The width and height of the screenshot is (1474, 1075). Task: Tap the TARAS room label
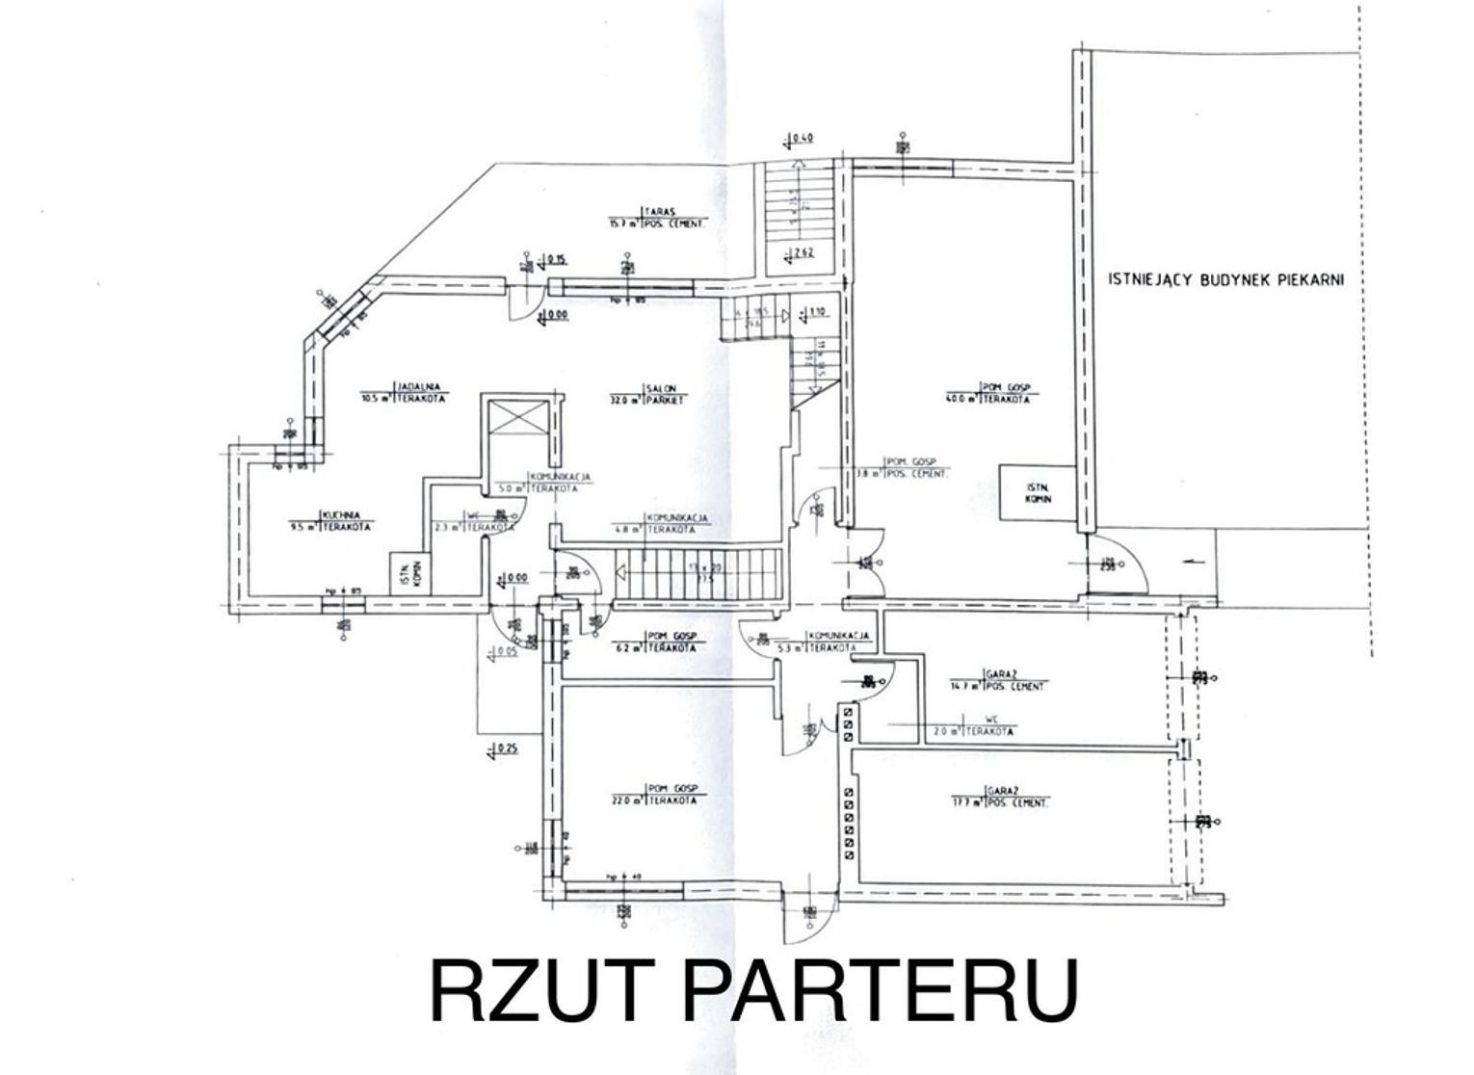[659, 216]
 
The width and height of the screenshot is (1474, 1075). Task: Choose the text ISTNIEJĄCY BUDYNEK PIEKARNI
[1224, 280]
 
